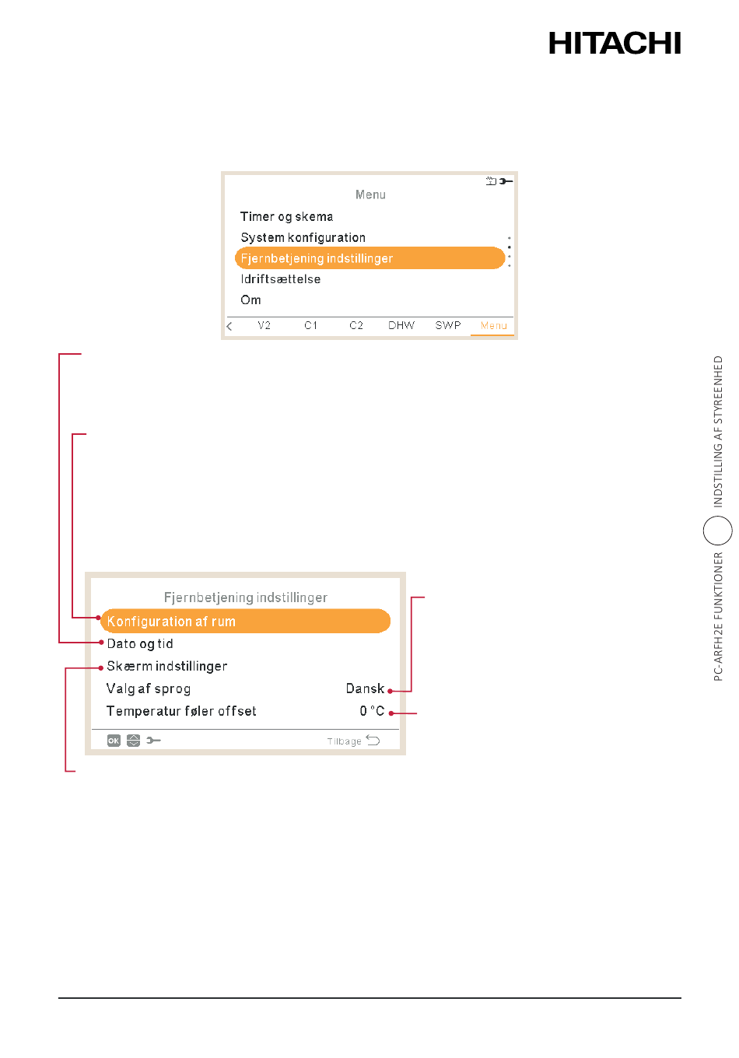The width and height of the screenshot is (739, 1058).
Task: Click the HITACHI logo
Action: pyautogui.click(x=615, y=43)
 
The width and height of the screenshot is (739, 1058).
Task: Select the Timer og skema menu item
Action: pyautogui.click(x=286, y=217)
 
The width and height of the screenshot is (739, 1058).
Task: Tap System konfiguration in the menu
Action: pyautogui.click(x=303, y=237)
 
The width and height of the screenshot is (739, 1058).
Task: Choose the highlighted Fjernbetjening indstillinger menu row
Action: pyautogui.click(x=369, y=258)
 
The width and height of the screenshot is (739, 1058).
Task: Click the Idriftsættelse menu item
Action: pyautogui.click(x=281, y=279)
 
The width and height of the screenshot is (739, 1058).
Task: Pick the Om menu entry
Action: pyautogui.click(x=250, y=300)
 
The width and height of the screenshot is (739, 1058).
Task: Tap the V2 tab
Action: pyautogui.click(x=264, y=325)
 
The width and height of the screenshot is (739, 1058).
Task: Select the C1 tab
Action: pyautogui.click(x=310, y=325)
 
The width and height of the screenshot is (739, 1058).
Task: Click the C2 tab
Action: pyautogui.click(x=356, y=325)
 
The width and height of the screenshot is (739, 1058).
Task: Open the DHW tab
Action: pyautogui.click(x=401, y=325)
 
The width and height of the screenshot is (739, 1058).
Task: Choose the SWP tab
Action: pyautogui.click(x=447, y=325)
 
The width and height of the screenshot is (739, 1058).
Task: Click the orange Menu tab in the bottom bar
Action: pyautogui.click(x=493, y=325)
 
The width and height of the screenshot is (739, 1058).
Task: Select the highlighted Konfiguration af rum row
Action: pyautogui.click(x=245, y=621)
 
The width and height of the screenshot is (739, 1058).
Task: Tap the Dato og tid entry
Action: pyautogui.click(x=140, y=644)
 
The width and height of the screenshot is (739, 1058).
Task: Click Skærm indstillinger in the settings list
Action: pyautogui.click(x=166, y=666)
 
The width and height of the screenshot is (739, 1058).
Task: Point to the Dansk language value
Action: pyautogui.click(x=365, y=688)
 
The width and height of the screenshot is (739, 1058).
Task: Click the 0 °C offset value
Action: pyautogui.click(x=372, y=711)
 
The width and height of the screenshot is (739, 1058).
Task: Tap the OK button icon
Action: pyautogui.click(x=114, y=741)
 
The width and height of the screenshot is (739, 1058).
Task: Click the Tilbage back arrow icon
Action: pyautogui.click(x=373, y=740)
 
